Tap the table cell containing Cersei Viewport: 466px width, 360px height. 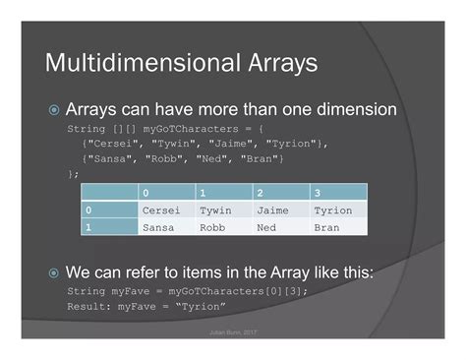click(162, 210)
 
